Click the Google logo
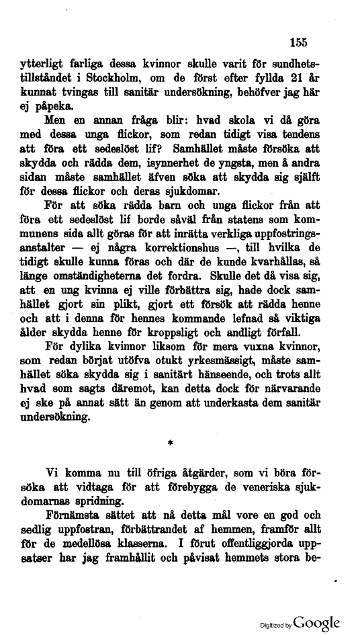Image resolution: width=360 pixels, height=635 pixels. [316, 622]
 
